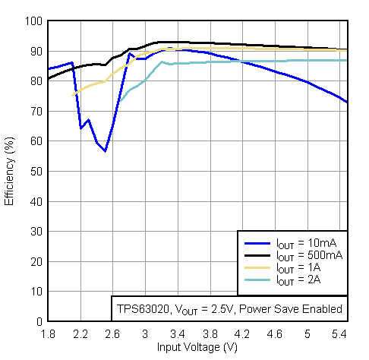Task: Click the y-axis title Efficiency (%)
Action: (10, 171)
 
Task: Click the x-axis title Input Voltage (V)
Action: (197, 347)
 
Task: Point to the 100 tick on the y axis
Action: (33, 21)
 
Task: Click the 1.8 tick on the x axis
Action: (48, 333)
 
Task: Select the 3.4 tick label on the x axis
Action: (178, 333)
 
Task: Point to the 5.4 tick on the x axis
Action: (339, 333)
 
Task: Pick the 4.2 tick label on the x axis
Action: (242, 333)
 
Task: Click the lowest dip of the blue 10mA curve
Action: (105, 150)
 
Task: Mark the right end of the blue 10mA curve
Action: (347, 102)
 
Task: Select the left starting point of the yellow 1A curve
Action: (73, 95)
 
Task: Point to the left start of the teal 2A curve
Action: (118, 102)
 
